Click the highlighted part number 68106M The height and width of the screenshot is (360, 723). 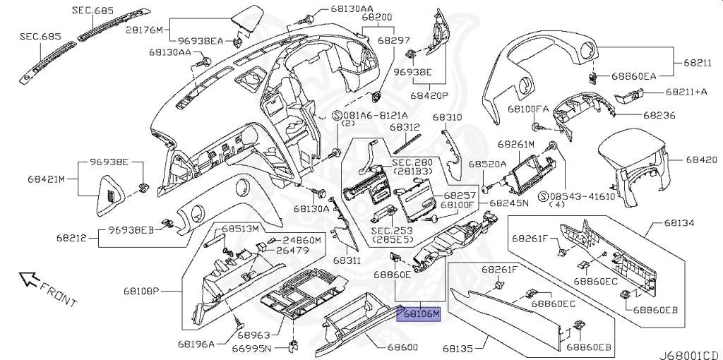419,313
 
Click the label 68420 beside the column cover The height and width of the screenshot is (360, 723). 703,160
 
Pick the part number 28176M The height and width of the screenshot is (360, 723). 144,30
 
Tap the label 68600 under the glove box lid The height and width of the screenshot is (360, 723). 402,347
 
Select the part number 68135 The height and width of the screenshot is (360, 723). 460,347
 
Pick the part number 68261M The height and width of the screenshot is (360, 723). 515,143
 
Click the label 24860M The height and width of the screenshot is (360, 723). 303,240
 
